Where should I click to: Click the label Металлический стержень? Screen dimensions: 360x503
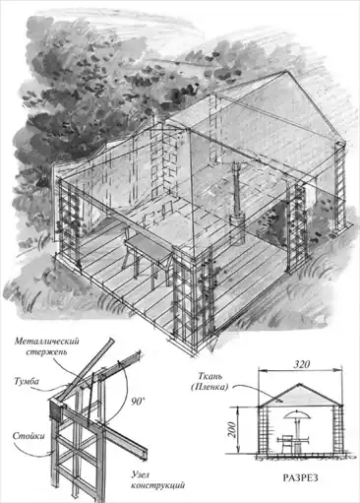point(46,346)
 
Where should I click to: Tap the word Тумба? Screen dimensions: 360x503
point(27,381)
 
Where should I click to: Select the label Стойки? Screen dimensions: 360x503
point(29,436)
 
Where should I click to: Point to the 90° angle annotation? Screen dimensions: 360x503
point(138,402)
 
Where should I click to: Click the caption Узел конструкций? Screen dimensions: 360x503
point(157,479)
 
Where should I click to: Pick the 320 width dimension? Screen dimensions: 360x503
point(301,364)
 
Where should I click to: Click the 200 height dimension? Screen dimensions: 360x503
point(231,429)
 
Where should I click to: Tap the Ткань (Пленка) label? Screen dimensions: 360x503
point(210,381)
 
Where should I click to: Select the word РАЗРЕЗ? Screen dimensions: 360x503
point(300,477)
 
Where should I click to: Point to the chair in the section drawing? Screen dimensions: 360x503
point(287,443)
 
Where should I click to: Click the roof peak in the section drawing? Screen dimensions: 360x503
point(299,383)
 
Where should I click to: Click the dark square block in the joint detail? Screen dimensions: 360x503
point(56,411)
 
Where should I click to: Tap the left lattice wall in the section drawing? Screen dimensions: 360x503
point(264,430)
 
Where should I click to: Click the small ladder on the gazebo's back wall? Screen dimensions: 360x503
point(167,209)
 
